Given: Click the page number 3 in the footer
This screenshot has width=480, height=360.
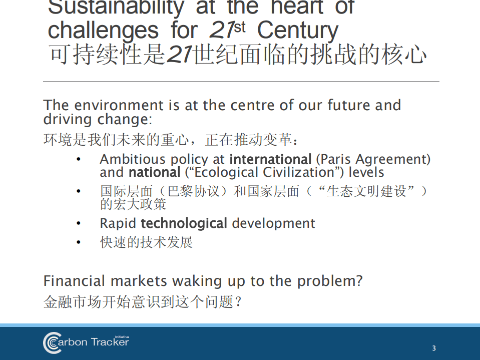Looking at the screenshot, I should (434, 348).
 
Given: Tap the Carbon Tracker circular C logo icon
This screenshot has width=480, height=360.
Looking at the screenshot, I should (52, 343).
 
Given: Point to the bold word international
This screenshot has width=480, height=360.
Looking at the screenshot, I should (270, 160).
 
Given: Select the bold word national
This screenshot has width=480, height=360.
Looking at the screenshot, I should (154, 173).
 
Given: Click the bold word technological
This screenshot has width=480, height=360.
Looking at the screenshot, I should (184, 223).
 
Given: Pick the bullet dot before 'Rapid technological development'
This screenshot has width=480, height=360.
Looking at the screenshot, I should (78, 223).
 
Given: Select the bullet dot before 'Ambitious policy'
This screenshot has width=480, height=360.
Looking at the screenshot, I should (78, 160).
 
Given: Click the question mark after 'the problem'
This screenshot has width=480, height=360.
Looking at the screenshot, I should (358, 281).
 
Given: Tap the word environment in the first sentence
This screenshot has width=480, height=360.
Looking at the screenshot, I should (119, 106).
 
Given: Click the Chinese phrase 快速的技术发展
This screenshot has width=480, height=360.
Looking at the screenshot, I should (146, 243).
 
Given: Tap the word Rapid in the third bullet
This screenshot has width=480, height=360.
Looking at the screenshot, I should (118, 223).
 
